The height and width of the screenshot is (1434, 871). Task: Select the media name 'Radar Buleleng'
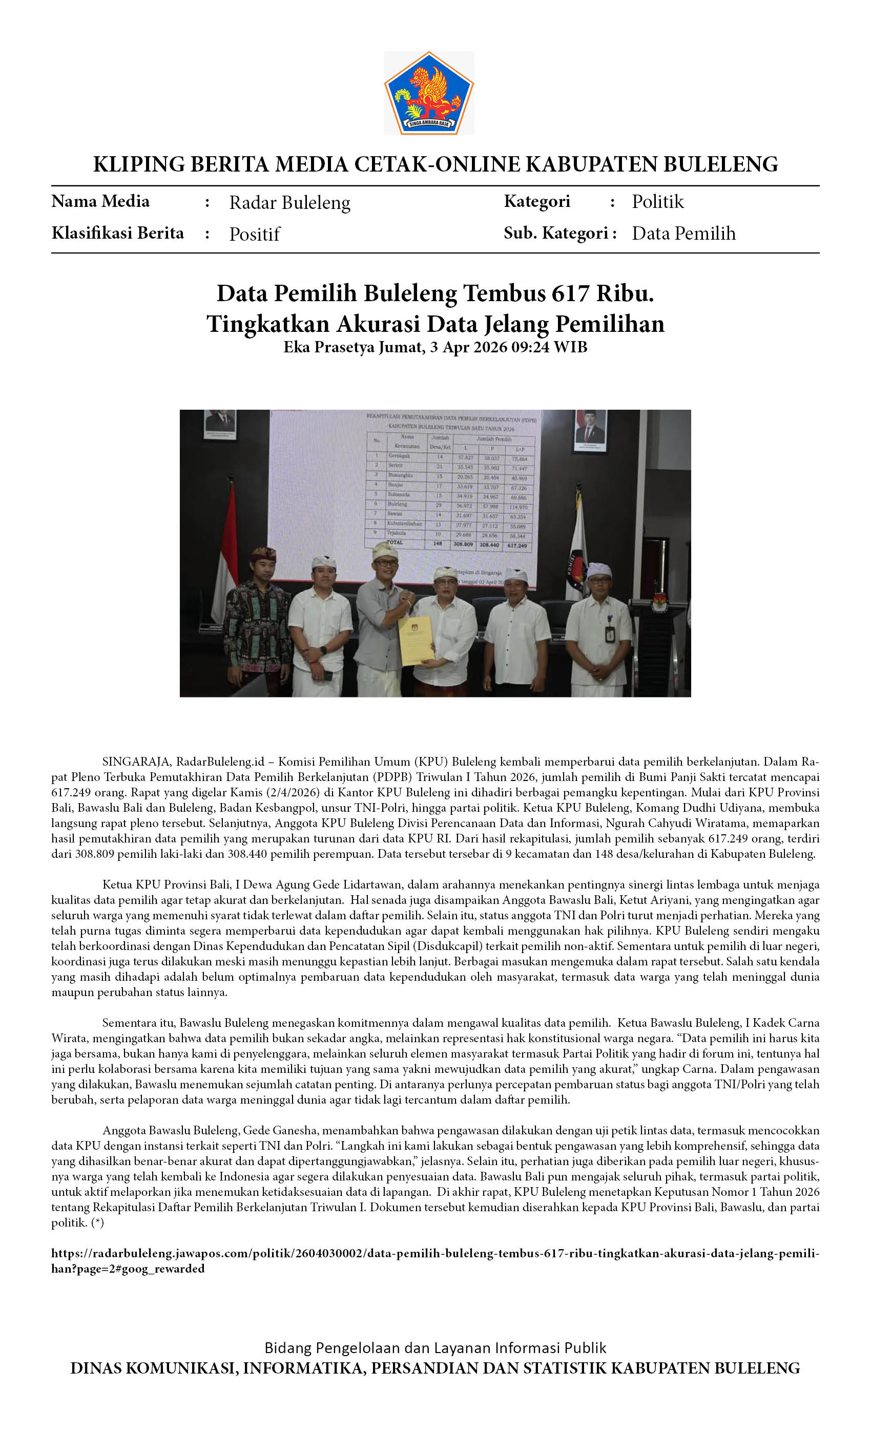289,202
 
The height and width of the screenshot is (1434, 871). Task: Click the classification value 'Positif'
255,234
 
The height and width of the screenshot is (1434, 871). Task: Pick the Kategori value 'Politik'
657,201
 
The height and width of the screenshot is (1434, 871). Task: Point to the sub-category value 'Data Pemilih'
683,234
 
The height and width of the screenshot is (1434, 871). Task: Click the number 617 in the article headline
571,293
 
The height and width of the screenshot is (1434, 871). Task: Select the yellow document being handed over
416,640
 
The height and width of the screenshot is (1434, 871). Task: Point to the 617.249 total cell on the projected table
517,545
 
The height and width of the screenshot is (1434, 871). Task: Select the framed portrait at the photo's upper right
590,431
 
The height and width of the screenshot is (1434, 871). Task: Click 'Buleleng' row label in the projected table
398,504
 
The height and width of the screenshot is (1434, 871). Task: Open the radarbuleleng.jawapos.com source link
435,1254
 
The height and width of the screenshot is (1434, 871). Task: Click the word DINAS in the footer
94,1368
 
